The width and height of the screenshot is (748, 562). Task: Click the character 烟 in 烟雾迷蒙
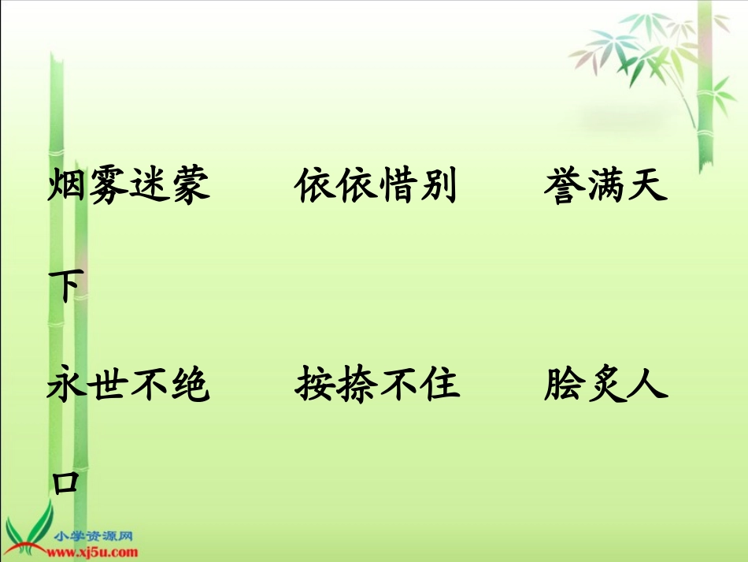[x=68, y=188]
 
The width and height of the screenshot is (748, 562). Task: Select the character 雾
[x=109, y=188]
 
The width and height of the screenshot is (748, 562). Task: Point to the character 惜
[x=398, y=188]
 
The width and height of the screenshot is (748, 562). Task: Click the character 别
[x=439, y=188]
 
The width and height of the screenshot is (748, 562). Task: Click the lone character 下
[x=66, y=287]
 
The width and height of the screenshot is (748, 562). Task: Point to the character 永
[x=68, y=386]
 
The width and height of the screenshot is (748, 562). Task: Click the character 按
[x=316, y=386]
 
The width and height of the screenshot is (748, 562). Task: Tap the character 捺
[x=357, y=386]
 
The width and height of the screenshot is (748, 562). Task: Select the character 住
[x=439, y=386]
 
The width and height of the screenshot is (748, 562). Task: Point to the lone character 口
[x=66, y=482]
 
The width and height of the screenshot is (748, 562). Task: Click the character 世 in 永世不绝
[x=109, y=386]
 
